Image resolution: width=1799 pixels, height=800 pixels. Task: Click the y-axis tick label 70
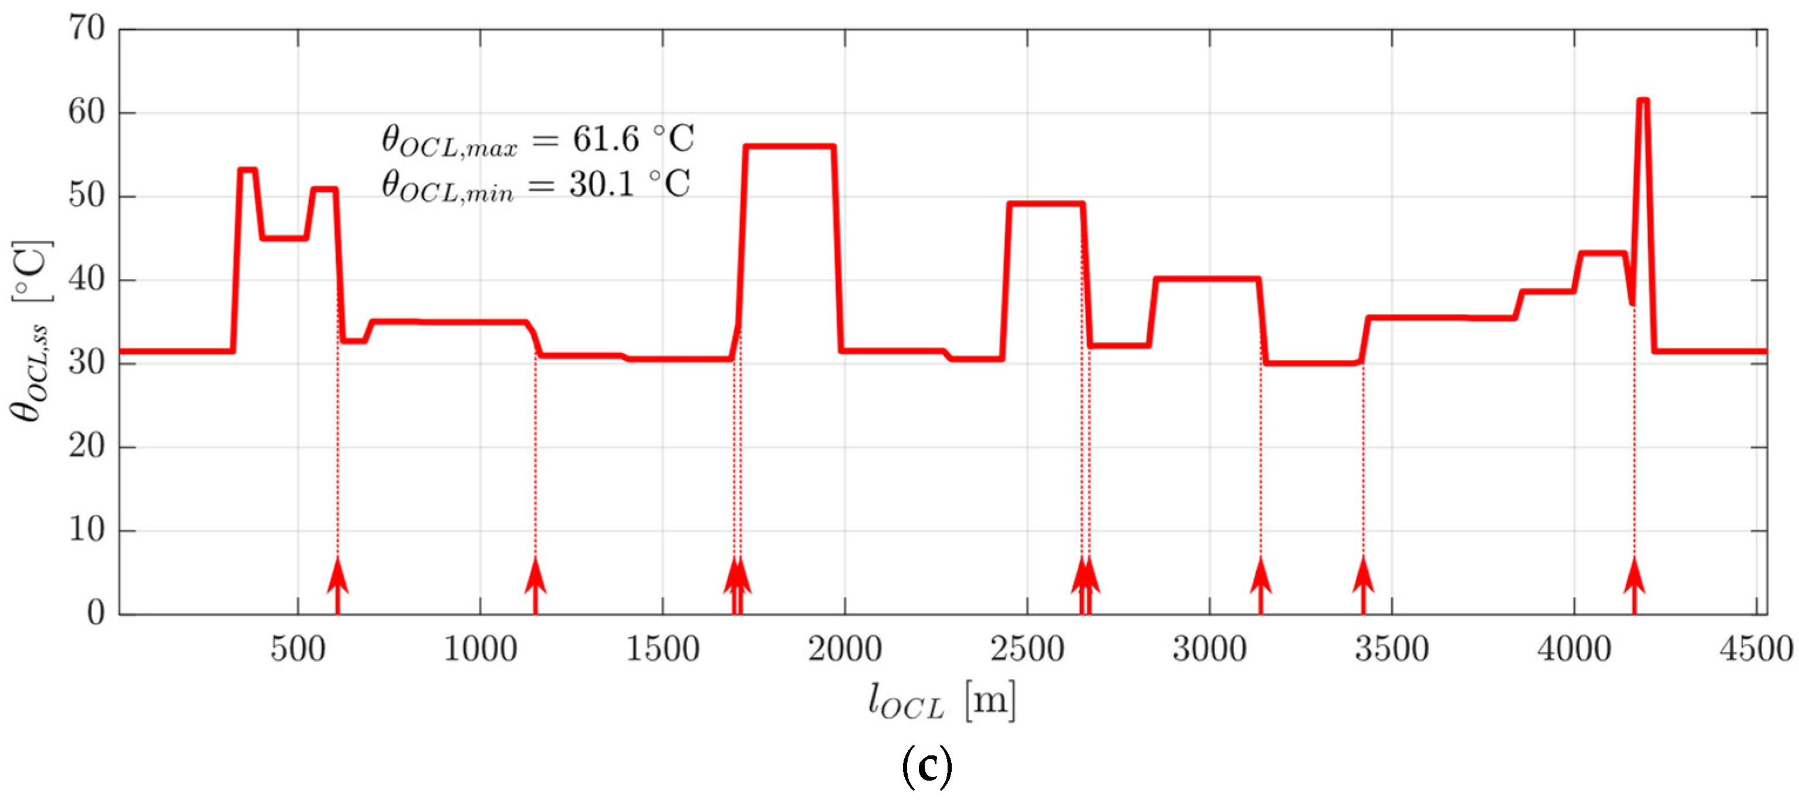coord(86,29)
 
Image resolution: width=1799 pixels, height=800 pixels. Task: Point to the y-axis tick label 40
coord(86,279)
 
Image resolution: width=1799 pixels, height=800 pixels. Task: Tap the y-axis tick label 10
coord(86,531)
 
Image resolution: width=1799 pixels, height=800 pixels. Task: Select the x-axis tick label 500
coord(298,650)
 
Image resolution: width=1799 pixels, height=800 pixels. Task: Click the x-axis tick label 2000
coord(845,650)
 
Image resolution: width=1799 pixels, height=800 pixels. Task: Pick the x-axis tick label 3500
coord(1392,650)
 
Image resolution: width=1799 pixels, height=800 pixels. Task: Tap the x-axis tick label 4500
coord(1756,650)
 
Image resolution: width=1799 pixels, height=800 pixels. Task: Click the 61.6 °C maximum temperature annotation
coord(537,139)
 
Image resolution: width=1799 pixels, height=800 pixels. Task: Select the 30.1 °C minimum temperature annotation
coord(536,185)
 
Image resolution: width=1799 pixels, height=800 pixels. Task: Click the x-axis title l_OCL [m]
coord(941,700)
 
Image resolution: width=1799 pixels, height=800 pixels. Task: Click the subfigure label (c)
coord(926,767)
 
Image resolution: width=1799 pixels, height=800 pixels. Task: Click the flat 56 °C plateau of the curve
coord(789,147)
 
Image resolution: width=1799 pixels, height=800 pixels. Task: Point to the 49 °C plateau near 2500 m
coord(1046,204)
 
